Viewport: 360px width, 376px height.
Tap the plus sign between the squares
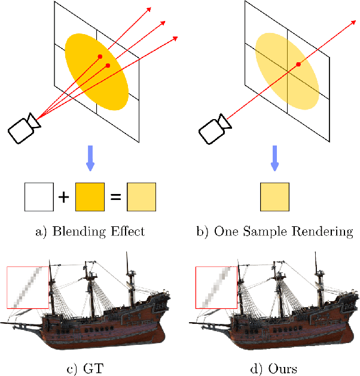62,197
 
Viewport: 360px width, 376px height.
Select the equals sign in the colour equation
117,197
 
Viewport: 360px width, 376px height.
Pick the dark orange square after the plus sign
90,197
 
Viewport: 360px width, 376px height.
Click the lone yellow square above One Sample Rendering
275,197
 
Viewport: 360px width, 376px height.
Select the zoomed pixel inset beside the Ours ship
217,287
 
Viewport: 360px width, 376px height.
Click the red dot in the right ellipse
297,63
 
